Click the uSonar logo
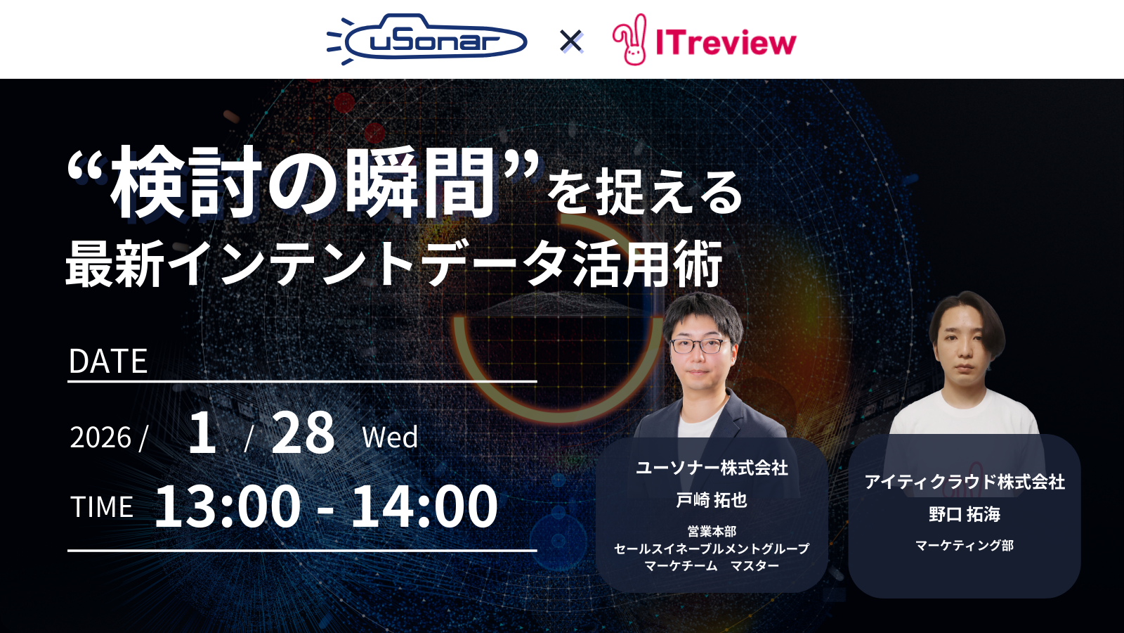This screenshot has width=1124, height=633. point(427,39)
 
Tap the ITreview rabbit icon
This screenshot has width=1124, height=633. point(629,40)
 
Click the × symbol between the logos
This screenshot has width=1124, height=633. point(571,41)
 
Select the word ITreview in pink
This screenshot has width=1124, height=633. point(726,42)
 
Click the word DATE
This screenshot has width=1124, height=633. point(108,362)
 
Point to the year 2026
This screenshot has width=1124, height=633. point(100,437)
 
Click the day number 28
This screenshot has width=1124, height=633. point(303,433)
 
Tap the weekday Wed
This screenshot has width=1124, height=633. point(390,437)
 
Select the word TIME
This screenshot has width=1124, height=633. point(102,507)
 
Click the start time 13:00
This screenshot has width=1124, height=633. point(228,506)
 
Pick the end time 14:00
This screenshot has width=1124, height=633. point(424,506)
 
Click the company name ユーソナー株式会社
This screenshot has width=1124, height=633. point(712,468)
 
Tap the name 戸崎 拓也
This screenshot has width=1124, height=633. point(712,500)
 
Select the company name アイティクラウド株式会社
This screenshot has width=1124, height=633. point(965,482)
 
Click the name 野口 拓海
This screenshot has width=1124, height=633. point(965,514)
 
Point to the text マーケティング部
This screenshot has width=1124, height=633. point(965,545)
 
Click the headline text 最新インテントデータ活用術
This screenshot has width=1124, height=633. point(393,264)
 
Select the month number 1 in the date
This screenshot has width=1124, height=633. point(202,433)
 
